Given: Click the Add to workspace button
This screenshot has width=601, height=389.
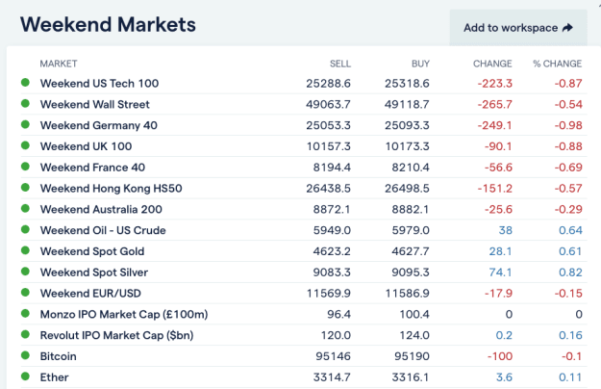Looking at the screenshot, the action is pyautogui.click(x=518, y=28).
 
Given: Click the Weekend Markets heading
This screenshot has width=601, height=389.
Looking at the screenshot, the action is pyautogui.click(x=108, y=24).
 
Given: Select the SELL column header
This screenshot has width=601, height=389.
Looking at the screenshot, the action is pyautogui.click(x=340, y=64).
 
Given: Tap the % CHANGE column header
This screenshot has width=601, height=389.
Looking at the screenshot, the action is pyautogui.click(x=558, y=64).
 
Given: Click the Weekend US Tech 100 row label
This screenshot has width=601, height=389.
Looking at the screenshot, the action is pyautogui.click(x=99, y=83).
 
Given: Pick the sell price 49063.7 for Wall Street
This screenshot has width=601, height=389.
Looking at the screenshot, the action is pyautogui.click(x=328, y=104).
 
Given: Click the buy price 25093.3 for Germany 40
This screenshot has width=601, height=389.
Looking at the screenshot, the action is pyautogui.click(x=407, y=125).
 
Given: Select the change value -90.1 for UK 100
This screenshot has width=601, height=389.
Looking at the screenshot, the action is pyautogui.click(x=498, y=146).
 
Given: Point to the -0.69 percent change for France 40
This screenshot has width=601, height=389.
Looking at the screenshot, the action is pyautogui.click(x=568, y=168).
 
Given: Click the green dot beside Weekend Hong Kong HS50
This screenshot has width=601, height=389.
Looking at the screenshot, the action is pyautogui.click(x=25, y=188).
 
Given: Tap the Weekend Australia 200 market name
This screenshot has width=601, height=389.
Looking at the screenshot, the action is pyautogui.click(x=101, y=210).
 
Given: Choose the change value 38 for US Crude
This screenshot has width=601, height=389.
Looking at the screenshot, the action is pyautogui.click(x=506, y=230).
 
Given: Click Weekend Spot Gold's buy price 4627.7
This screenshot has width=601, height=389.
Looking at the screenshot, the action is pyautogui.click(x=411, y=251).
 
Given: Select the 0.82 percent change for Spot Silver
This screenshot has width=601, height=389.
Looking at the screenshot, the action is pyautogui.click(x=570, y=272).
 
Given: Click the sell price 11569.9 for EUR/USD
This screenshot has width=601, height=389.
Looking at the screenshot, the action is pyautogui.click(x=329, y=294).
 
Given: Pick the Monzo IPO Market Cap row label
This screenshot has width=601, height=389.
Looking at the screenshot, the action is pyautogui.click(x=124, y=315).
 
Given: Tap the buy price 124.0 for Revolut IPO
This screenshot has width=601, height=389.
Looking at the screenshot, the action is pyautogui.click(x=414, y=335).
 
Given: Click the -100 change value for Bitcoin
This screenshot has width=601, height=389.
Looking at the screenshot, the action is pyautogui.click(x=500, y=356).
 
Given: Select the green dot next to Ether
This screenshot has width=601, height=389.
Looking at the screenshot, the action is pyautogui.click(x=25, y=376).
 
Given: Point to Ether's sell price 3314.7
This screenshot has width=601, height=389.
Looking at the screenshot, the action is pyautogui.click(x=332, y=377).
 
